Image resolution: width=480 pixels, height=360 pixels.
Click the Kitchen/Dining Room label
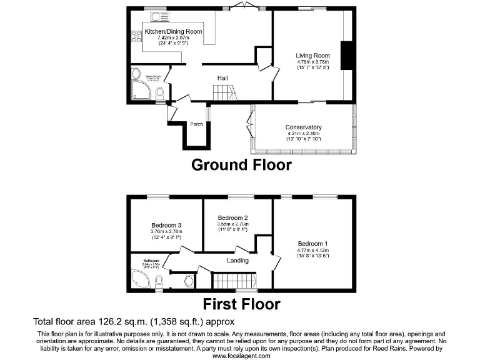[173, 31]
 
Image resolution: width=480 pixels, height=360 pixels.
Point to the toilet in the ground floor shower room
[160, 94]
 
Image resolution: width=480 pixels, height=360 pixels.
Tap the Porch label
[196, 123]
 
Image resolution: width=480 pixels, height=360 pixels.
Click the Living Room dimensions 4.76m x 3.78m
[312, 62]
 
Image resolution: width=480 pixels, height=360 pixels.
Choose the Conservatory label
[304, 127]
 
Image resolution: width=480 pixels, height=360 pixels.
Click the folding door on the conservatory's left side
[251, 122]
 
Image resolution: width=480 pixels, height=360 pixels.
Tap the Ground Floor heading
[241, 165]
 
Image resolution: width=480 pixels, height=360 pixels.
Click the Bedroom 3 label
[166, 226]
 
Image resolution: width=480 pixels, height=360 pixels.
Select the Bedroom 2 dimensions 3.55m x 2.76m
[233, 224]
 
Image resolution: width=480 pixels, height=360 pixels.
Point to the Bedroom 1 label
[312, 244]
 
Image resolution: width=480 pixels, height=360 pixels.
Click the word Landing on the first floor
[237, 261]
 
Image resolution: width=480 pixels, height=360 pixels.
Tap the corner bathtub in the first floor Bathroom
[140, 278]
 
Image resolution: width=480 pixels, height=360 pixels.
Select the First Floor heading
[241, 304]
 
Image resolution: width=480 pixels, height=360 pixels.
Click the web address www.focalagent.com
[240, 356]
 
